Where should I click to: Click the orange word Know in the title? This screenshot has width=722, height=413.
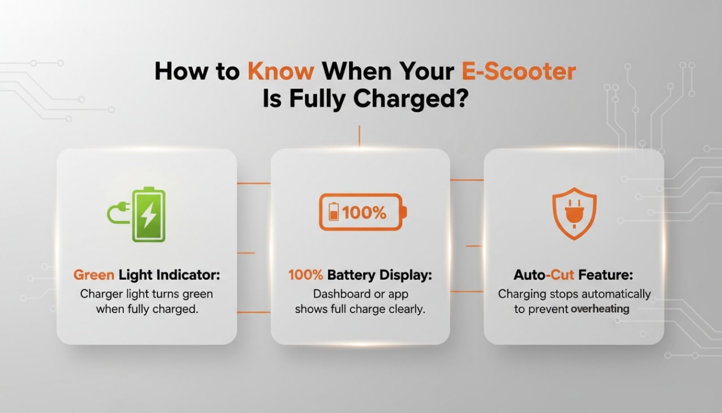(x=280, y=72)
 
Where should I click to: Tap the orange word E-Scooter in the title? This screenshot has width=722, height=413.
(x=518, y=72)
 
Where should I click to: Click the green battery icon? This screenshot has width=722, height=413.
(x=148, y=215)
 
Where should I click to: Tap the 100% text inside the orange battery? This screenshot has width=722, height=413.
(x=364, y=212)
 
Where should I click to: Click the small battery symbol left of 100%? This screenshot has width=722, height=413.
(x=334, y=212)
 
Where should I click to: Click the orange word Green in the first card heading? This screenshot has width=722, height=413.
(x=94, y=275)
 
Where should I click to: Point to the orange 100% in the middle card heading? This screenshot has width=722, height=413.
(x=306, y=275)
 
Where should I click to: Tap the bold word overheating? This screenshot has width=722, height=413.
(x=600, y=309)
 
